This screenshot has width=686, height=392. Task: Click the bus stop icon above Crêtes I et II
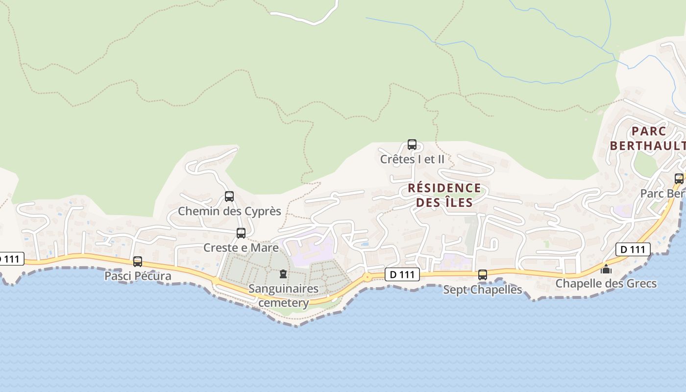tap(412, 145)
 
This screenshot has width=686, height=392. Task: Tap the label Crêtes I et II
tap(412, 159)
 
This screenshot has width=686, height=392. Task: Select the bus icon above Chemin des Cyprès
tap(229, 196)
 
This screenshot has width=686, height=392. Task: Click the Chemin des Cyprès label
tap(229, 211)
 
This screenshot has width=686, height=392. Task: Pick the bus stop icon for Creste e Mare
tap(241, 233)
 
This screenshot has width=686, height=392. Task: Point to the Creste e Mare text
tap(241, 247)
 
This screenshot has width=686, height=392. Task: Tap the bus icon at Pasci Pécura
tap(138, 262)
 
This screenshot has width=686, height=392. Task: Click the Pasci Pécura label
tap(138, 276)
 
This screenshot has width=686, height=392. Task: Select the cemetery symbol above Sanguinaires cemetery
tap(283, 273)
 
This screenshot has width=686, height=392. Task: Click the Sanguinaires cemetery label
tap(283, 295)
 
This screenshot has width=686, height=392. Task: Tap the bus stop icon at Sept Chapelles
tap(483, 275)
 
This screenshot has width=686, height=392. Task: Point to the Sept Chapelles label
tap(483, 290)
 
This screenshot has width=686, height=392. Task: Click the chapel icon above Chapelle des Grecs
tap(606, 269)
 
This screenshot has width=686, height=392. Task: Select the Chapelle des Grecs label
tap(606, 284)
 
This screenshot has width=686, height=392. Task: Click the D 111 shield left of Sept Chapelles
tap(402, 275)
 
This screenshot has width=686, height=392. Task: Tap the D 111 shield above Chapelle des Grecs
tap(633, 249)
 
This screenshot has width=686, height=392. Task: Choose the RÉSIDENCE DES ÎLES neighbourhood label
tap(444, 195)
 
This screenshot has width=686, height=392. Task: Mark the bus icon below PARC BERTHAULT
tap(679, 179)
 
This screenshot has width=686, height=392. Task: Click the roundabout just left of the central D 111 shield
tap(367, 277)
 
